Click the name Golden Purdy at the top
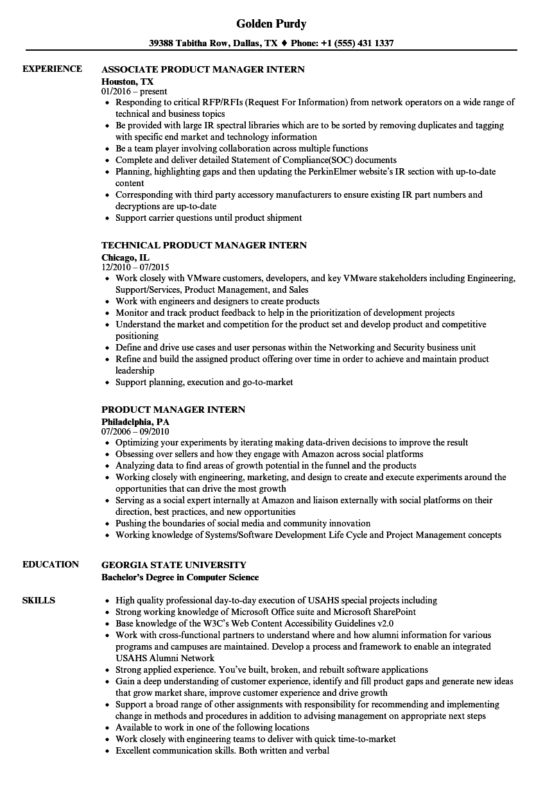pos(271,24)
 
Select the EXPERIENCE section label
pos(52,69)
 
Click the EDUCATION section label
pos(51,564)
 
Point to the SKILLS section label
pos(39,600)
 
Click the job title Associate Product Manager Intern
pos(203,69)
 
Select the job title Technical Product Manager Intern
pos(204,245)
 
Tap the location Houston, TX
pos(128,81)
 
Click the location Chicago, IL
pos(125,257)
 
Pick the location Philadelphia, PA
pos(135,421)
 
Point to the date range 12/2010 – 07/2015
pos(135,267)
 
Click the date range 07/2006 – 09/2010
pos(135,431)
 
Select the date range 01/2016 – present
pos(134,91)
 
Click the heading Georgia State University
pos(173,565)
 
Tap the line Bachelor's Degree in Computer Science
pos(180,576)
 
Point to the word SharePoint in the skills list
pos(392,612)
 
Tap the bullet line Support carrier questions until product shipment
pos(209,218)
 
